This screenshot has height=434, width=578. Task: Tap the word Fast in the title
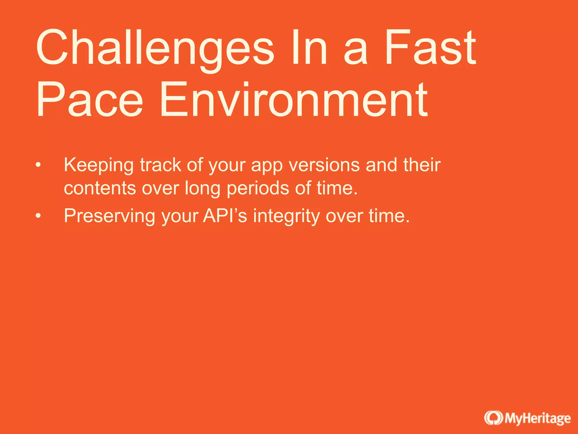(x=431, y=47)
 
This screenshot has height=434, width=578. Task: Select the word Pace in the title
(x=90, y=99)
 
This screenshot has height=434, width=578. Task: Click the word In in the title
(x=309, y=47)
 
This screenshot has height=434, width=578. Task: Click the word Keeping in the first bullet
(x=98, y=165)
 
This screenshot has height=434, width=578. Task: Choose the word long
(x=202, y=189)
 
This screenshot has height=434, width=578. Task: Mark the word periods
(x=258, y=189)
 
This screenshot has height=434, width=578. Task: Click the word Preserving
(x=110, y=216)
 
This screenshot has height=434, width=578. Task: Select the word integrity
(x=286, y=216)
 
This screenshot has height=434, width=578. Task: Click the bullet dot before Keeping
(x=38, y=165)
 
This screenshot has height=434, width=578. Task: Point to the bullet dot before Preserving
(x=38, y=216)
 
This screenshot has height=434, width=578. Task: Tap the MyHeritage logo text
(x=538, y=418)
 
